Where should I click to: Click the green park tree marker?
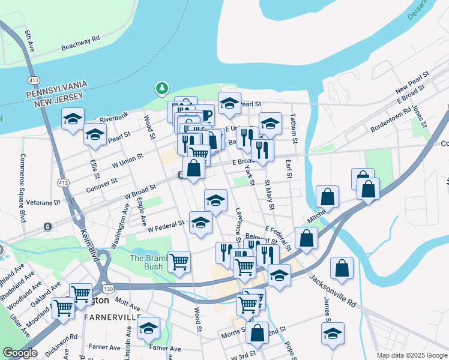tap(161, 89)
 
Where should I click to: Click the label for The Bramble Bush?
tap(146, 262)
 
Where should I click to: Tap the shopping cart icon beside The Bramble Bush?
tap(179, 262)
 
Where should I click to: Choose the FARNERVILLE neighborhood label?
tap(113, 316)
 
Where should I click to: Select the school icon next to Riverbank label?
tap(73, 118)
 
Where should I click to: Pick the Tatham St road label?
tap(294, 128)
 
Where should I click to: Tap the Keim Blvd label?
tap(85, 239)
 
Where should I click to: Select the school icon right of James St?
tap(332, 334)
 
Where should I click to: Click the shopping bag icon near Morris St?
tap(257, 334)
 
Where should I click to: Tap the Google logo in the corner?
tap(20, 353)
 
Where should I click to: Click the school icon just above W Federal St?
tap(200, 223)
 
